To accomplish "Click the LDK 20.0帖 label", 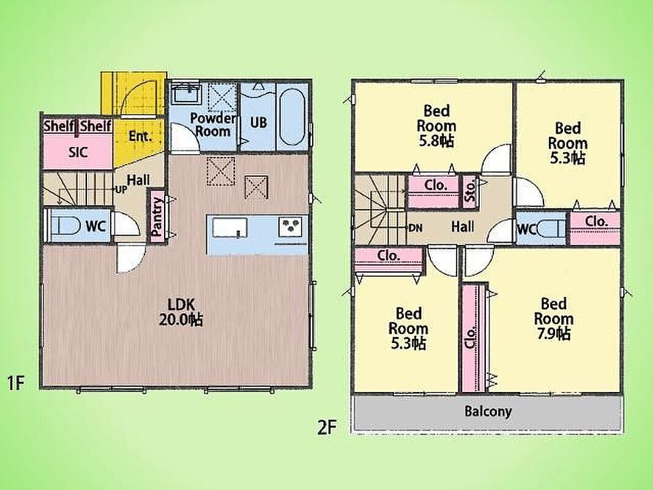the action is [181, 312].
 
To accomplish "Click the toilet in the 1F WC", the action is [67, 226].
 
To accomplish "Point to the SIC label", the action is [78, 153].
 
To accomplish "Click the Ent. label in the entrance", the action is [140, 136].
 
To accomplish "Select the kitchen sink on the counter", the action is [229, 228].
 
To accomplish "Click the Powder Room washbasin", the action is [186, 93].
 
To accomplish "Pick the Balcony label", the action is [488, 412].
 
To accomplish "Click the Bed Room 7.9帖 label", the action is [554, 319].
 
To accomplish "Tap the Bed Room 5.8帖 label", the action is [436, 126].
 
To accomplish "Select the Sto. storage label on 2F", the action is [470, 190].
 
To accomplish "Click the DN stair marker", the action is [415, 228].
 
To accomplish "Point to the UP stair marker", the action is [121, 189].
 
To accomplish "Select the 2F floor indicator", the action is [327, 427].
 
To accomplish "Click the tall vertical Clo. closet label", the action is [471, 338].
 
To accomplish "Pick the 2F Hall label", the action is [463, 227].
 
